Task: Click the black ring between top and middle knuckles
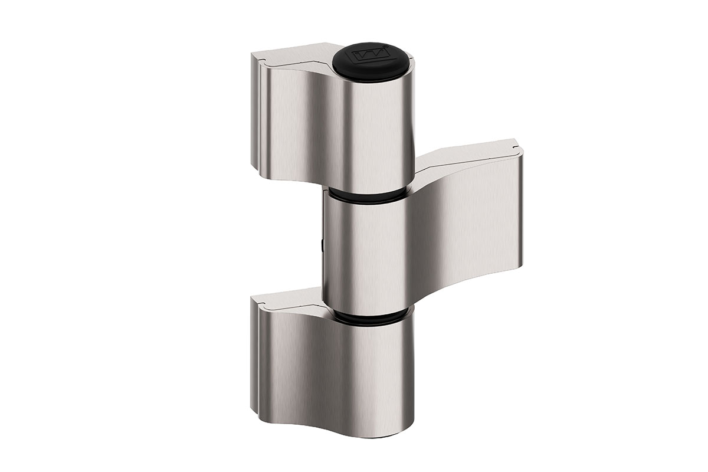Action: tap(366, 195)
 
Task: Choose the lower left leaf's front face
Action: tap(295, 360)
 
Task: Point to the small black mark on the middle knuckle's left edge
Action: tap(322, 242)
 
